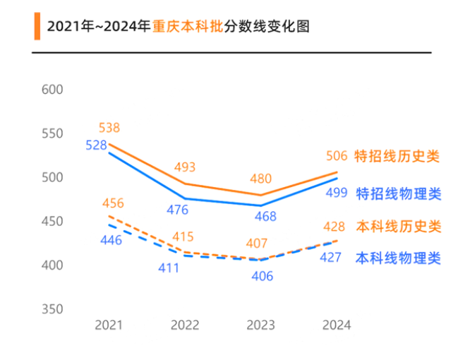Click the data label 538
[109, 128]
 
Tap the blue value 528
[96, 145]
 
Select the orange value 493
[185, 167]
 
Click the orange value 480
[260, 179]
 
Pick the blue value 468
[265, 217]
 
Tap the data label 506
[337, 157]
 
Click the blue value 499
[337, 193]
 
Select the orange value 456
[113, 203]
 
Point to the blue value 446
[112, 240]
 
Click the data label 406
[262, 276]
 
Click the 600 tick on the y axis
[53, 90]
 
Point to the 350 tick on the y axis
[53, 309]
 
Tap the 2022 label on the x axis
[185, 325]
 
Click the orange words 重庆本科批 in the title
[187, 27]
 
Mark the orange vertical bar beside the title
[37, 26]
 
